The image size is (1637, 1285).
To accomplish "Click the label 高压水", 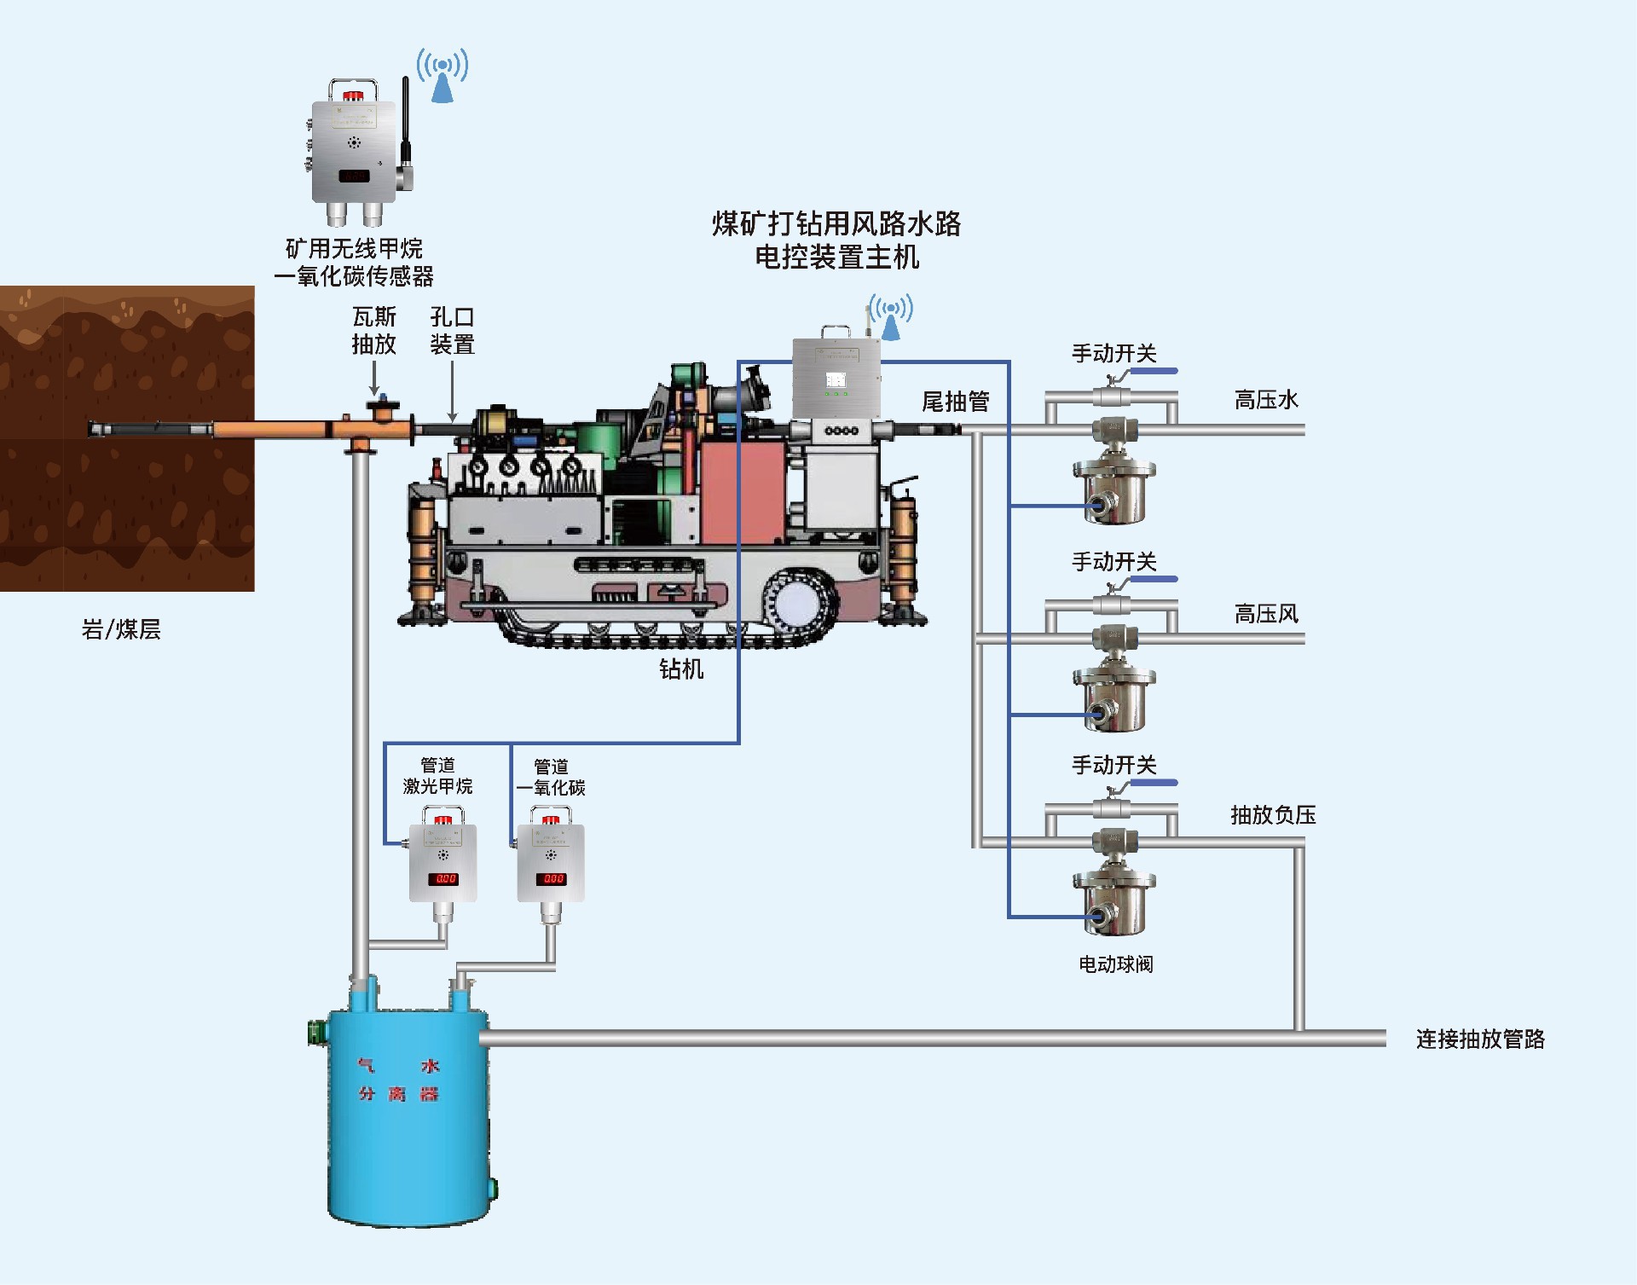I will [x=1266, y=400].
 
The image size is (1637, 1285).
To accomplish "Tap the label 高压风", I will [x=1266, y=614].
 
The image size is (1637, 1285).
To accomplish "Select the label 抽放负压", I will [x=1273, y=815].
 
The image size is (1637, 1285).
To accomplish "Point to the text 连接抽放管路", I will [x=1480, y=1039].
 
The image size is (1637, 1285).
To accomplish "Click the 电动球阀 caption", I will [x=1115, y=964].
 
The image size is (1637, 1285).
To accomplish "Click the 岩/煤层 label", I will [x=121, y=629].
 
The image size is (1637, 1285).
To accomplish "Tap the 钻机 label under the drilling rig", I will [x=681, y=669].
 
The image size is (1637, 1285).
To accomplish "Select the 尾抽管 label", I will [x=955, y=402].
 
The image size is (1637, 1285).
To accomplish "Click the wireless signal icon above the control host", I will [x=891, y=316].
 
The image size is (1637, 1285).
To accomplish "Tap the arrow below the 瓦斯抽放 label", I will [x=374, y=379].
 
